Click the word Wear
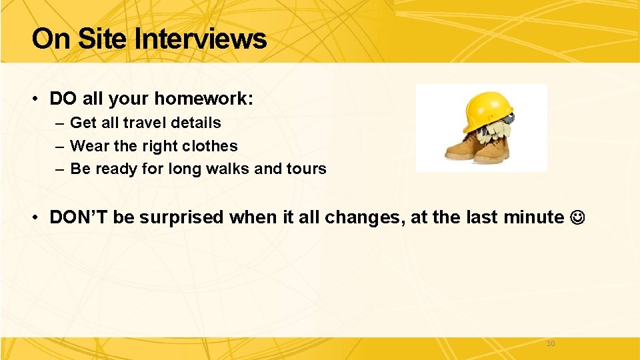coord(87,146)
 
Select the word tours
coord(306,169)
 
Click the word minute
coord(531,217)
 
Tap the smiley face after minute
coord(577,217)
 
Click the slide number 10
coord(550,343)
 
